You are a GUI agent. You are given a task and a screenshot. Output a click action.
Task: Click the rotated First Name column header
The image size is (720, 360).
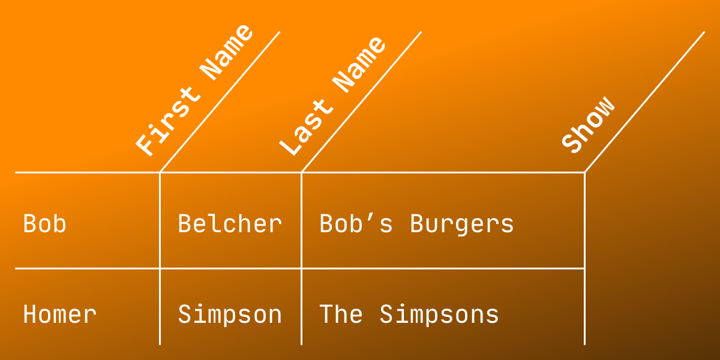point(194,91)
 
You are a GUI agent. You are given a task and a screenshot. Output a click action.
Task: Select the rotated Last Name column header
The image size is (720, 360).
point(332,96)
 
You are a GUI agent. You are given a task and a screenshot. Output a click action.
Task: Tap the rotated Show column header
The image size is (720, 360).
point(588,124)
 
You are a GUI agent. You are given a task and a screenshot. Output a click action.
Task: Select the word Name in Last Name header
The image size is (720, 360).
point(359,64)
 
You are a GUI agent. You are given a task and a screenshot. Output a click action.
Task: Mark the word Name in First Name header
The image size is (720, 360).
point(227,52)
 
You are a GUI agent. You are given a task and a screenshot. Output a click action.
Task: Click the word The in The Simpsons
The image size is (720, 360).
point(341,314)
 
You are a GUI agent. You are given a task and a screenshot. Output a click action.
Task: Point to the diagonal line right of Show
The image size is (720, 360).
point(645,102)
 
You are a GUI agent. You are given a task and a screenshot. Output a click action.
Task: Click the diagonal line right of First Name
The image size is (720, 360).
point(220,102)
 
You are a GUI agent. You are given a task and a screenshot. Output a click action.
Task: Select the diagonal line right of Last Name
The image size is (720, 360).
point(362,102)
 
